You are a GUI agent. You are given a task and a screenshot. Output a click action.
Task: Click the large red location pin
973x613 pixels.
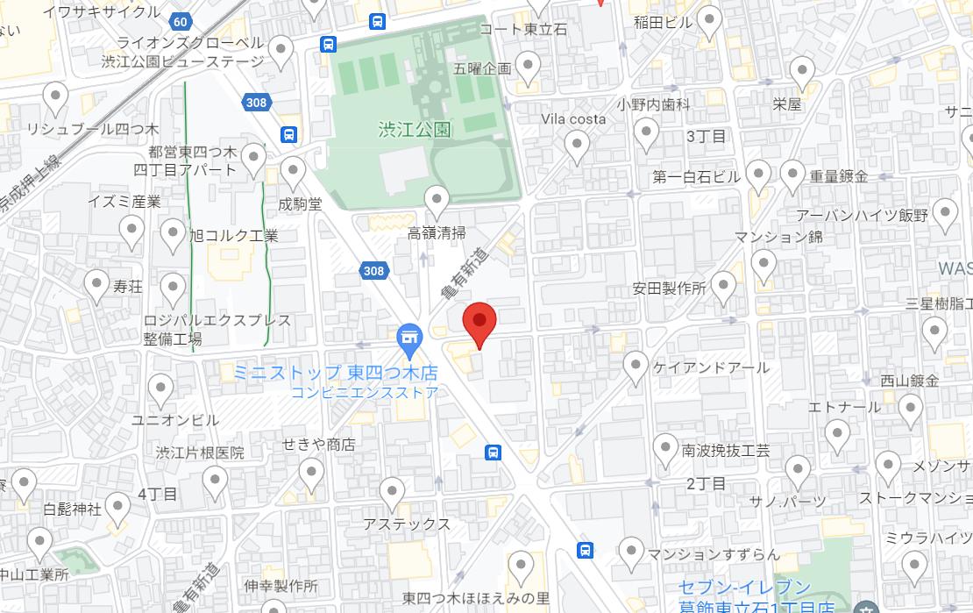pyautogui.click(x=479, y=323)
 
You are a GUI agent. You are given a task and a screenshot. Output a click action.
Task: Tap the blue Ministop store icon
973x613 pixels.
pyautogui.click(x=408, y=336)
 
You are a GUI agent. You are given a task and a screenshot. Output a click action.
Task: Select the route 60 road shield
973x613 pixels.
pyautogui.click(x=180, y=21)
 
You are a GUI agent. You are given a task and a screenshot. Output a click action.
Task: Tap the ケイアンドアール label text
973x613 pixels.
pyautogui.click(x=711, y=367)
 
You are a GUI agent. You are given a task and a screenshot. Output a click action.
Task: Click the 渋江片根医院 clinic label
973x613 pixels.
pyautogui.click(x=200, y=453)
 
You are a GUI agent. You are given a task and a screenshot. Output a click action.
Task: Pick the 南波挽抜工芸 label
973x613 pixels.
pyautogui.click(x=726, y=452)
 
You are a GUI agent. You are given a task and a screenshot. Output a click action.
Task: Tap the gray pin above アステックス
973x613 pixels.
pyautogui.click(x=392, y=493)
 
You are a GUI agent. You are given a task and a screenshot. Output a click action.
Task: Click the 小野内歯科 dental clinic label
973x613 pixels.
pyautogui.click(x=653, y=104)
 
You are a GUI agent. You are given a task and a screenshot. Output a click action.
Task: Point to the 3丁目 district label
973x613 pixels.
pyautogui.click(x=706, y=136)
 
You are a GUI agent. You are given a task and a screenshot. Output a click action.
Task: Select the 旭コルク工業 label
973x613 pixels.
pyautogui.click(x=234, y=235)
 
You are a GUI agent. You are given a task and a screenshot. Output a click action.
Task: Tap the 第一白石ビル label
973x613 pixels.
pyautogui.click(x=697, y=177)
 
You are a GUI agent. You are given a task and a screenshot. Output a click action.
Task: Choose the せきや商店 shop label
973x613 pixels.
pyautogui.click(x=318, y=445)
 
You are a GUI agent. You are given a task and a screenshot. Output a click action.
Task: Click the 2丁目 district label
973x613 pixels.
pyautogui.click(x=706, y=483)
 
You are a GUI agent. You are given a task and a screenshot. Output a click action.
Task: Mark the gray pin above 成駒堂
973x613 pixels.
pyautogui.click(x=292, y=173)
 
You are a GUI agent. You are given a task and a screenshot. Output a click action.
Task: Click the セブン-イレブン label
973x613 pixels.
pyautogui.click(x=745, y=588)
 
